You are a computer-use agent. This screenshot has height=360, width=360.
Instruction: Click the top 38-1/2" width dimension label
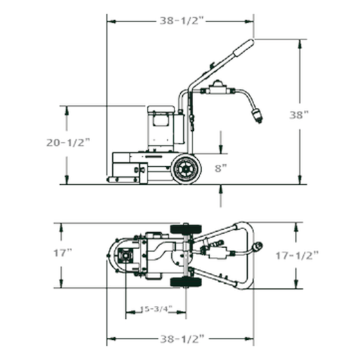pyautogui.click(x=182, y=21)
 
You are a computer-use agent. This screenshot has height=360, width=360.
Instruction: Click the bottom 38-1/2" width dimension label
pyautogui.click(x=182, y=339)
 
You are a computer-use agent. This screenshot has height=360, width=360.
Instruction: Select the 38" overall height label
pyautogui.click(x=299, y=115)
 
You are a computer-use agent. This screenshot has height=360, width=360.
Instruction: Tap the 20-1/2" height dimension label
pyautogui.click(x=68, y=143)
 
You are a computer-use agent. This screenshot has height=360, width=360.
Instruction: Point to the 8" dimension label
pyautogui.click(x=221, y=168)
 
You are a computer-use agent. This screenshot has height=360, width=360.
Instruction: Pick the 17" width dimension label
pyautogui.click(x=63, y=253)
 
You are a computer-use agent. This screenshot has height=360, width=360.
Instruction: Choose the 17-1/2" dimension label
pyautogui.click(x=297, y=255)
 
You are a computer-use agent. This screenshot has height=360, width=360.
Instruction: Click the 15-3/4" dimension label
pyautogui.click(x=156, y=309)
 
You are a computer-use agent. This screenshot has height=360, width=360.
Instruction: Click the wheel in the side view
pyautogui.click(x=186, y=169)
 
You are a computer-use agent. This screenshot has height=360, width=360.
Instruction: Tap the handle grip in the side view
pyautogui.click(x=244, y=48)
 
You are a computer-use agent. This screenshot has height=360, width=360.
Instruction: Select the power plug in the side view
pyautogui.click(x=258, y=116)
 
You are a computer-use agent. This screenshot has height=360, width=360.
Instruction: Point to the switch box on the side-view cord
pyautogui.click(x=217, y=88)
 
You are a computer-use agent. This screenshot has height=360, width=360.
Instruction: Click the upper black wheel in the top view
pyautogui.click(x=186, y=229)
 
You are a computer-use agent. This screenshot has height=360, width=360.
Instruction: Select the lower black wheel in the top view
pyautogui.click(x=186, y=282)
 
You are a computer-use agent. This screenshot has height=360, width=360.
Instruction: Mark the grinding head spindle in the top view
pyautogui.click(x=125, y=255)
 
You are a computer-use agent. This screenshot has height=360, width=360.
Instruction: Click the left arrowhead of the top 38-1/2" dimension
pyautogui.click(x=111, y=21)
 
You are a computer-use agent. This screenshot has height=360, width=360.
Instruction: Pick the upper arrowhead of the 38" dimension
pyautogui.click(x=300, y=44)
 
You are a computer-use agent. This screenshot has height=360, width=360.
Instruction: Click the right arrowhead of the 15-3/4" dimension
pyautogui.click(x=181, y=312)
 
